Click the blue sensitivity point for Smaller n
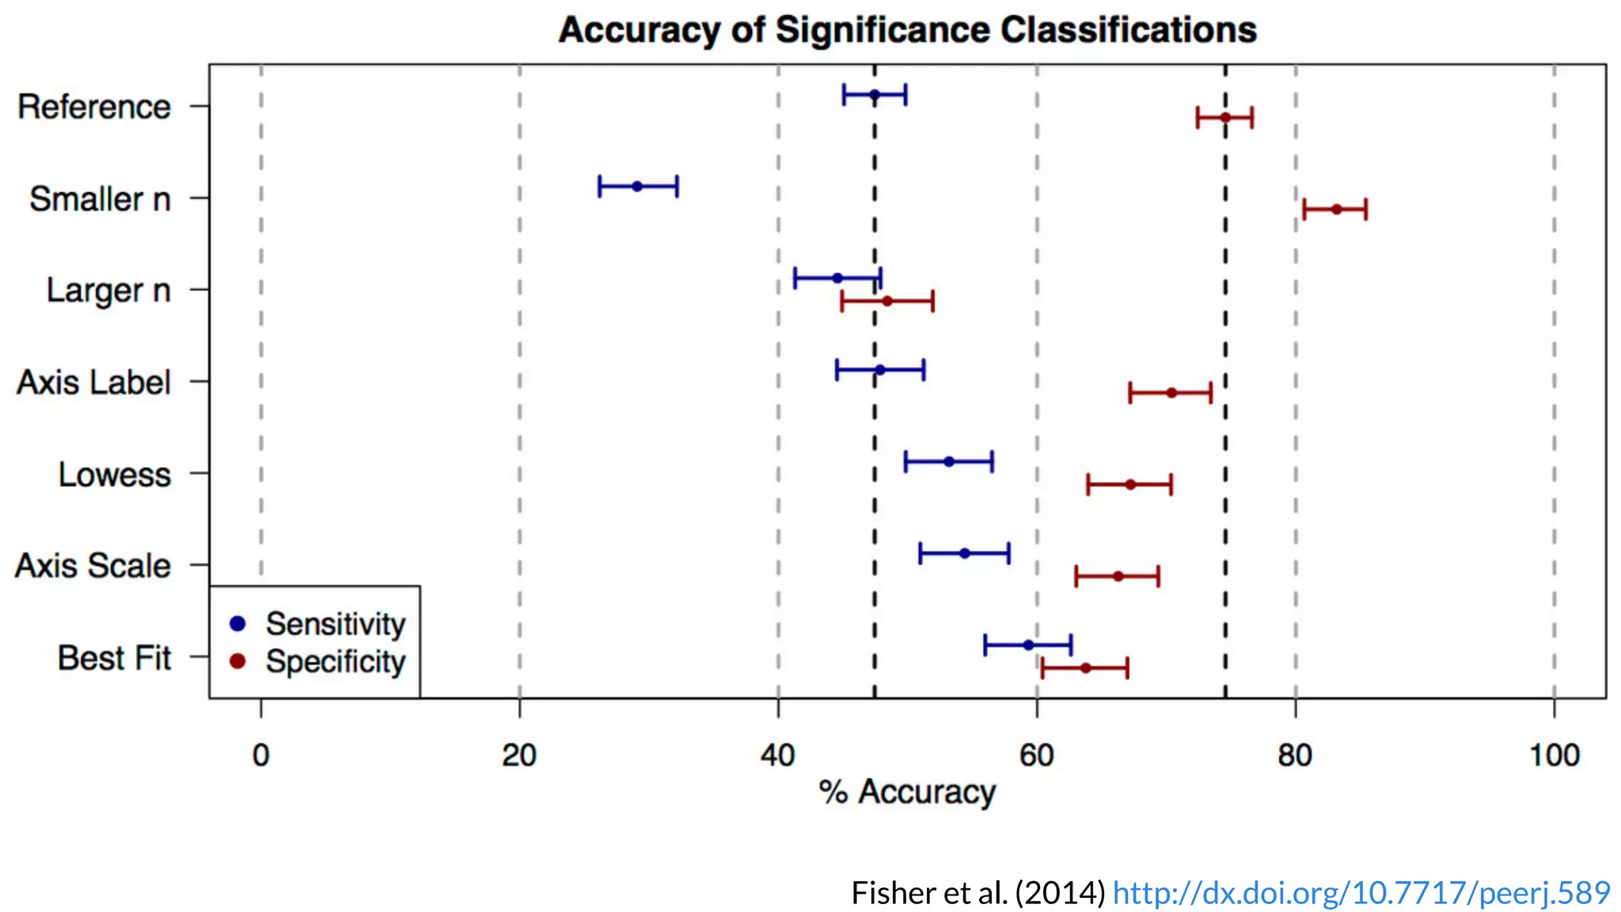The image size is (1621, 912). (637, 186)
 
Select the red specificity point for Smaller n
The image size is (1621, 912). (1336, 209)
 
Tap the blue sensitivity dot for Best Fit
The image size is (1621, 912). (1028, 644)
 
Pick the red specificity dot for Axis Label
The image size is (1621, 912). (1171, 393)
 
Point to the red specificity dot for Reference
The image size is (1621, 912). (1224, 117)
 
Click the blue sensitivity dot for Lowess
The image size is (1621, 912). (949, 462)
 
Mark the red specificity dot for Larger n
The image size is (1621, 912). (887, 301)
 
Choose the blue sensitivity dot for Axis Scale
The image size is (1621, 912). (964, 553)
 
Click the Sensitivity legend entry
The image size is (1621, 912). (335, 624)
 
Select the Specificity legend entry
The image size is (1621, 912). (335, 662)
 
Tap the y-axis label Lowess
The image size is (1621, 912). (114, 474)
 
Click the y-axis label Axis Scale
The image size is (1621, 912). (93, 566)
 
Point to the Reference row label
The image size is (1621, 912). (93, 107)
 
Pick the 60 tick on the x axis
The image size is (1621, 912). (1037, 755)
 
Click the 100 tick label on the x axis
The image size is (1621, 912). (1554, 755)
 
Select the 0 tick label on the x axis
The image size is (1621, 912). (260, 755)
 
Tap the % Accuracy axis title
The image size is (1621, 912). (907, 792)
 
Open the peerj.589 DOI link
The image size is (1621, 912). (1361, 893)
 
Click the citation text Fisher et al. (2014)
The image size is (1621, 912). (978, 893)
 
